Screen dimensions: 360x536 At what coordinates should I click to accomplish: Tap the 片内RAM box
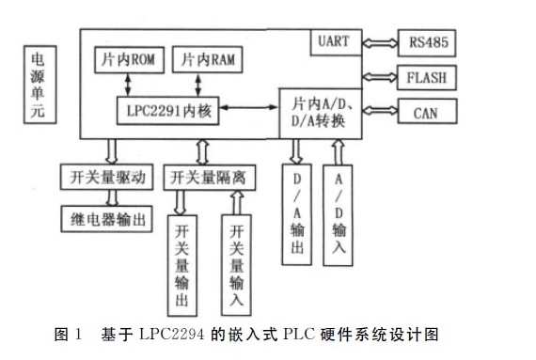[x=209, y=59]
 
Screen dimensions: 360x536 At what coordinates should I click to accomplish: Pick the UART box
[x=337, y=41]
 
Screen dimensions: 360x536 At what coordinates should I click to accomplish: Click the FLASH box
[x=428, y=77]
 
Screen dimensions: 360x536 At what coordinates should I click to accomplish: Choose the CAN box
[x=428, y=113]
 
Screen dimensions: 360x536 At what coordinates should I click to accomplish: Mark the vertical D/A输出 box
[x=296, y=213]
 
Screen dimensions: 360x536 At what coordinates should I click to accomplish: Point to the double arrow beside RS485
[x=381, y=41]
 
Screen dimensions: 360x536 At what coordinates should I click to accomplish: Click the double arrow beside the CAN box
[x=381, y=113]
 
